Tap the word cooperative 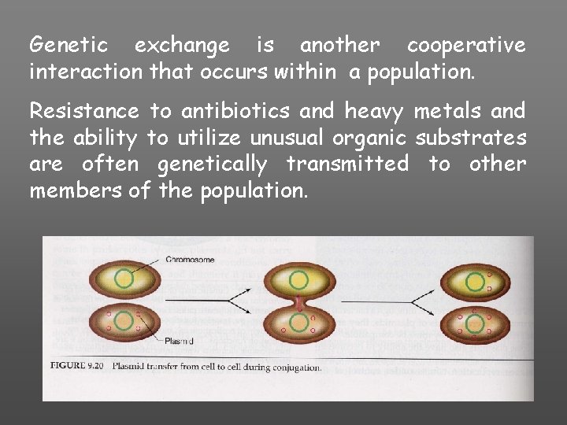pos(466,46)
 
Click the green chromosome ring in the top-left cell pos(123,279)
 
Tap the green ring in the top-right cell pos(476,281)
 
